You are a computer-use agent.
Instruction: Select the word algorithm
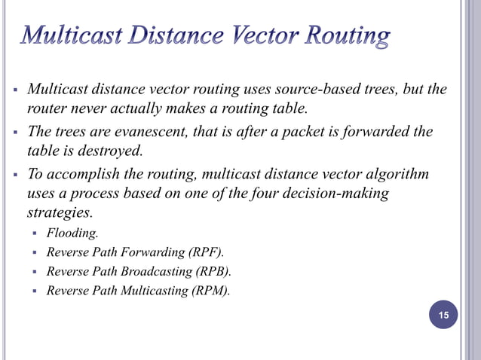point(396,174)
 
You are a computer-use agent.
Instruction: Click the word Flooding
point(72,233)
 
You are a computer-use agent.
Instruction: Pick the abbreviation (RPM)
point(210,290)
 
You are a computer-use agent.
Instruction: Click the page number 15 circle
point(443,315)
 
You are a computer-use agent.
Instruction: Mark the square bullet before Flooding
point(35,233)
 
